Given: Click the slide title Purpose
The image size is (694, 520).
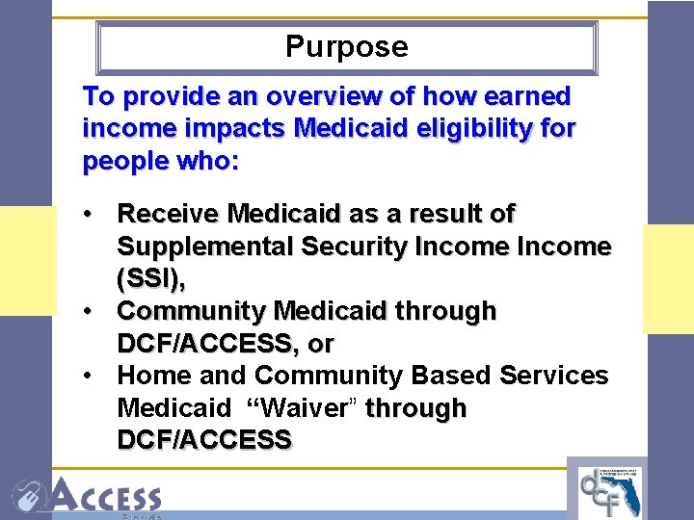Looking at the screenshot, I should pyautogui.click(x=347, y=47).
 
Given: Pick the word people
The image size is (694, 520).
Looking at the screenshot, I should pyautogui.click(x=124, y=160).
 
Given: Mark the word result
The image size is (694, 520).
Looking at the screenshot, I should pyautogui.click(x=448, y=214).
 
